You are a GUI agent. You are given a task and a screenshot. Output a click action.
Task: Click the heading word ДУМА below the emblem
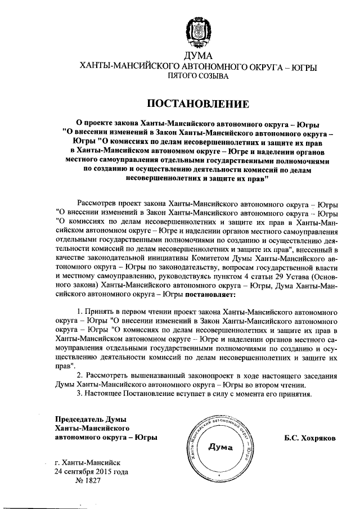pos(198,56)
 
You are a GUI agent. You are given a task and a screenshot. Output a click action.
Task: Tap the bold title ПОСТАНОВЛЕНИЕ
pos(198,104)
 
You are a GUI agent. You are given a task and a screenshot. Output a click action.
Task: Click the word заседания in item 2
pos(317,375)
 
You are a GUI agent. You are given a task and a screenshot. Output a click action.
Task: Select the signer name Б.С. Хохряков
pos(307,437)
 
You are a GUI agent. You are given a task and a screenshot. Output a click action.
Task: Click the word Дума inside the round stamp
pos(220,448)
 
